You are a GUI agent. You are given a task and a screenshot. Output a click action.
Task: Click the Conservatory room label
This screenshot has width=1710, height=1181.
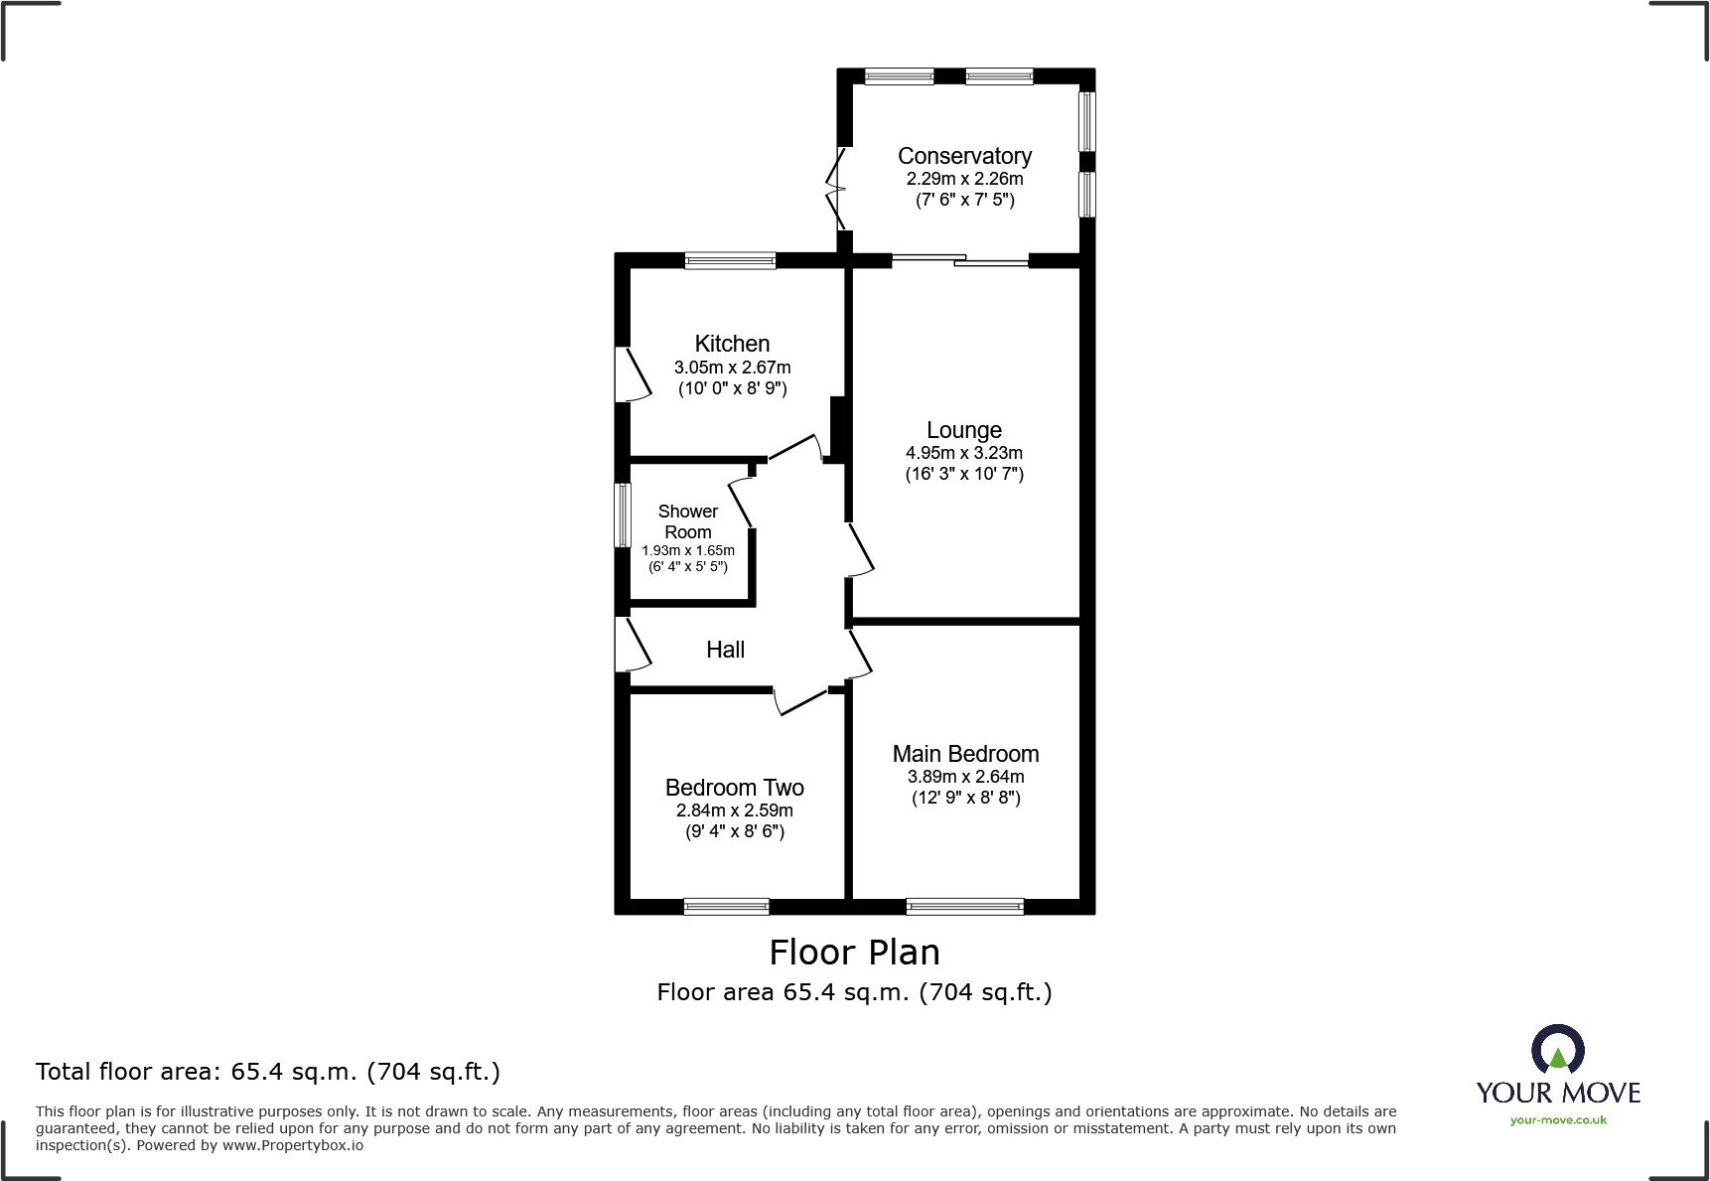pos(964,156)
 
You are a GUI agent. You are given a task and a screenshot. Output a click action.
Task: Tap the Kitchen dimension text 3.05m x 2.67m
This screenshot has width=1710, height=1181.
pos(732,368)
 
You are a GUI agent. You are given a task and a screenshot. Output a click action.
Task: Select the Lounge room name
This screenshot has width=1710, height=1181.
pos(963,430)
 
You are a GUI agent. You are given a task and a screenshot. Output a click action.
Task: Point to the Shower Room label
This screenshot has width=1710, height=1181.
pos(687,521)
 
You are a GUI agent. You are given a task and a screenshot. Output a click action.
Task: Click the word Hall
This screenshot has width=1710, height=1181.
pos(725,650)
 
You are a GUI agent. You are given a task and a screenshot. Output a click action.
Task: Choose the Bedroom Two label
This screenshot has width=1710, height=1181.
pos(734,788)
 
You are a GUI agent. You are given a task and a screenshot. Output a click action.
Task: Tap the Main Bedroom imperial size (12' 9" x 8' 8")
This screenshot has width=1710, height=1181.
pos(965,798)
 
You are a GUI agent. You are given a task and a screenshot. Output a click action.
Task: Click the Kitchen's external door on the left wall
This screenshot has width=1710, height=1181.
pos(632,374)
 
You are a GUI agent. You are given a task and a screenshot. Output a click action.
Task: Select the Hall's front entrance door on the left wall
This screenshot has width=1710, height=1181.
pos(631,645)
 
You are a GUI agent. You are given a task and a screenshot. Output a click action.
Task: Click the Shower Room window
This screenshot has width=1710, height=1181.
pos(623,515)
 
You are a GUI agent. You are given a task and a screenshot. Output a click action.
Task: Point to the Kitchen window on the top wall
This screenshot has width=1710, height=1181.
pos(730,261)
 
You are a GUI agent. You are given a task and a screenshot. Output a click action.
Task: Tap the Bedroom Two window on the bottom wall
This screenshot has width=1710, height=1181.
pos(726,906)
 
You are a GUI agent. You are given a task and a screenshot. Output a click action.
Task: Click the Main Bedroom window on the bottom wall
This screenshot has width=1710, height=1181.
pos(964,906)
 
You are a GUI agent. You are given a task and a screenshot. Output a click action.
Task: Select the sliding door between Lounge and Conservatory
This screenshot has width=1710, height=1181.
pos(959,260)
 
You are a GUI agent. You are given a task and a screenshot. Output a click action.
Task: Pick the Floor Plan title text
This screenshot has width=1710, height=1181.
pos(854,953)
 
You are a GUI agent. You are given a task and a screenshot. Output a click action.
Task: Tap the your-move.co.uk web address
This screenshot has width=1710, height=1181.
pos(1557,1120)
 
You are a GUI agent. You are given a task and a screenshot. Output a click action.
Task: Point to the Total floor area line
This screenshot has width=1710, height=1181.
pos(267,1072)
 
